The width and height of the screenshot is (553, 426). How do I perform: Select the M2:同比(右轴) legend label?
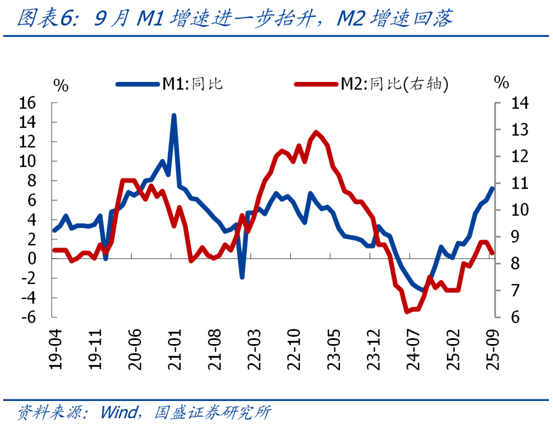pos(394,84)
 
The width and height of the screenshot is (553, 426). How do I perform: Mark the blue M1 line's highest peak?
pos(174,116)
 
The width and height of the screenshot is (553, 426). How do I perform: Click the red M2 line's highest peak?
pos(315,132)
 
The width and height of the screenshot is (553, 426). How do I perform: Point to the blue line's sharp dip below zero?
pos(242,277)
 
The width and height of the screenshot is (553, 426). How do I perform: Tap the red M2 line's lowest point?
pos(407,311)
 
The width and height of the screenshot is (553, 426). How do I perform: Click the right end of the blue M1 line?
pos(493,188)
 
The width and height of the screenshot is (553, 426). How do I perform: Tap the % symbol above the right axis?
pos(501,82)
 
